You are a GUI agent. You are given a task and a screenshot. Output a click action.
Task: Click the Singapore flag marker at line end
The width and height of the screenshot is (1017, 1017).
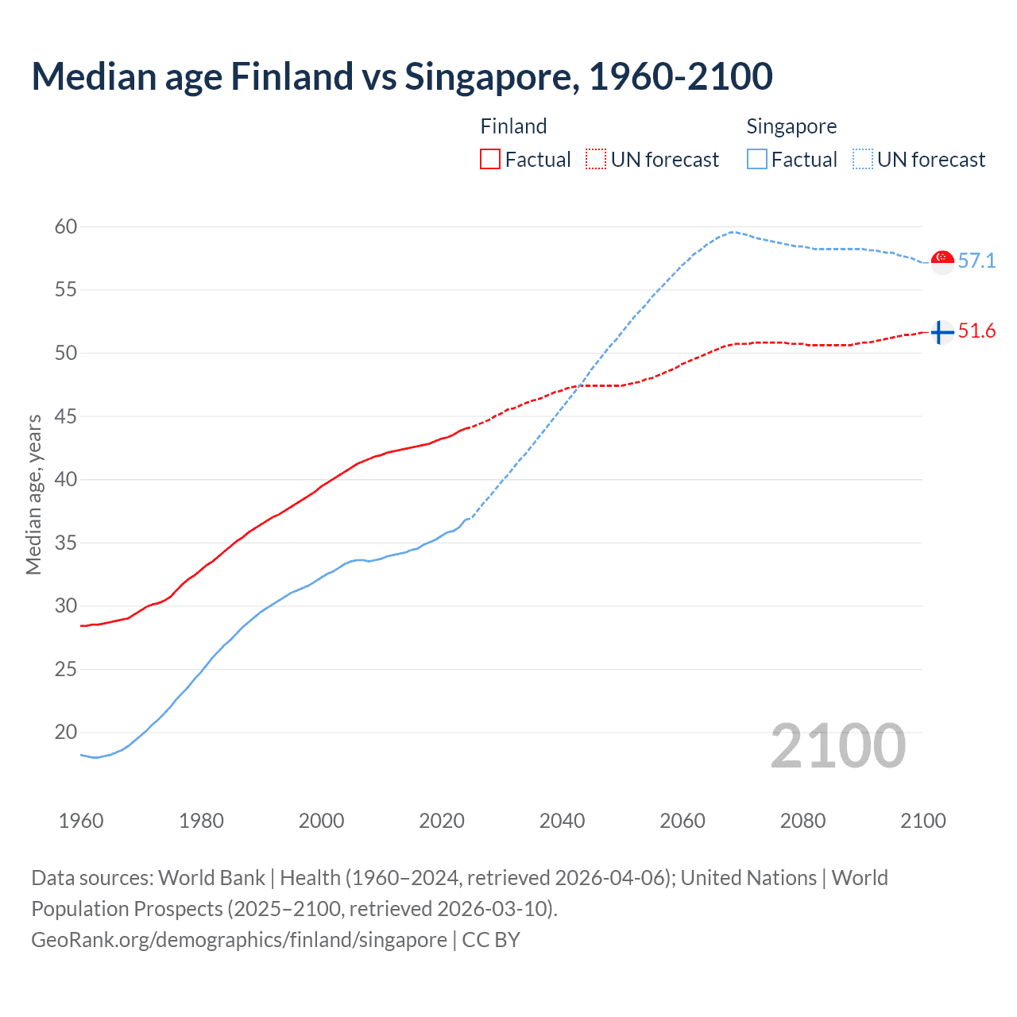point(942,261)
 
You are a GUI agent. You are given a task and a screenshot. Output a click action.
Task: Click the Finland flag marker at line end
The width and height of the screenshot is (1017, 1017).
point(942,332)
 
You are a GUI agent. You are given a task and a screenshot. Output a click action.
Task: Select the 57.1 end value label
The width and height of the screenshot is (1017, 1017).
point(976,261)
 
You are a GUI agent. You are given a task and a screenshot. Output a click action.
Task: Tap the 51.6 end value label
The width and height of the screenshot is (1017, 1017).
point(976,331)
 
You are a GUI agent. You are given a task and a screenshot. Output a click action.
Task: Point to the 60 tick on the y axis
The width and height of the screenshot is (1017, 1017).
point(66,227)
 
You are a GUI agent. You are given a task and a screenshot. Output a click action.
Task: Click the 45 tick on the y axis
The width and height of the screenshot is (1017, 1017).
point(66,416)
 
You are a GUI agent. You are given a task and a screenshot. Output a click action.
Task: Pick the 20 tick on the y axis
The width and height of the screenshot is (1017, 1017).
point(66,733)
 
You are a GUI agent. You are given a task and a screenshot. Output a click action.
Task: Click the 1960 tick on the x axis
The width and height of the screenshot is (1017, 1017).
point(81,821)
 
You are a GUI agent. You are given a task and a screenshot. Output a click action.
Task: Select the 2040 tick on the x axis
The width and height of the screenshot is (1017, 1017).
point(562,821)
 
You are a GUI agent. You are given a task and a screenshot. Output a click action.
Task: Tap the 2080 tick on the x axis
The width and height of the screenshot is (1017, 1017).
point(802,821)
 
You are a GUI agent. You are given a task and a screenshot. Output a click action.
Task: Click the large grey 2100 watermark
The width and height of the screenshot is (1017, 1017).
point(838,746)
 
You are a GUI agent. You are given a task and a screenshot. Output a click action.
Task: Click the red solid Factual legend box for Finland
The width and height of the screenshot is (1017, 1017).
point(490,160)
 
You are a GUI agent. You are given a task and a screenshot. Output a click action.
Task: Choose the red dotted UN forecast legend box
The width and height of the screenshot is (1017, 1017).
point(596,160)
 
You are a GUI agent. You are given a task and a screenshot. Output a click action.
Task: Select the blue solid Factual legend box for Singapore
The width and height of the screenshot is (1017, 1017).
point(757,160)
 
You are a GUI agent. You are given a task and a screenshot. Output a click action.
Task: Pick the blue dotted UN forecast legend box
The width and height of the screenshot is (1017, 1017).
point(863,160)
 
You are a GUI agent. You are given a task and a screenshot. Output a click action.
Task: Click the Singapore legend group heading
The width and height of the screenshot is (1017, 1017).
point(791,126)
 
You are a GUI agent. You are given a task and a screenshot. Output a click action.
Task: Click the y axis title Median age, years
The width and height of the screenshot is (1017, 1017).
point(33,494)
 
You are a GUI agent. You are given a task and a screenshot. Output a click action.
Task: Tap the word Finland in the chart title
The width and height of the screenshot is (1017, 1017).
point(292,76)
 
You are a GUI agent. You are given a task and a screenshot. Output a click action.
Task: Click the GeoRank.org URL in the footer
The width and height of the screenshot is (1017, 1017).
point(238,940)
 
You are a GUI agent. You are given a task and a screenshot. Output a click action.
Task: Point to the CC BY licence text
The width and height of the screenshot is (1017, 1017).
point(491,940)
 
